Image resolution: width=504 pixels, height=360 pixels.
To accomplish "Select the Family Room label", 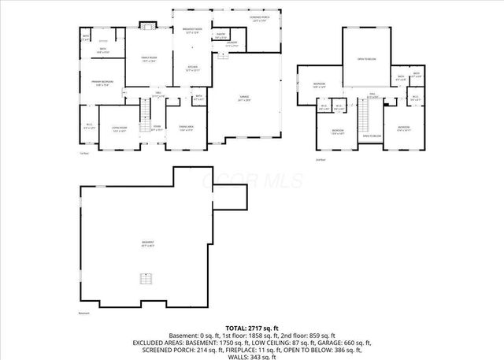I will click(149, 59).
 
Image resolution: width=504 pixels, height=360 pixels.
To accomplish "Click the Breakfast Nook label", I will click(192, 32).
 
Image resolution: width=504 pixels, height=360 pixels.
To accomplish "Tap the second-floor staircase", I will click(363, 119).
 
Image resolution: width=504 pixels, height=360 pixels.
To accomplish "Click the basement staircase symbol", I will click(145, 280).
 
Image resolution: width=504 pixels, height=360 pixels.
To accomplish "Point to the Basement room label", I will click(148, 243).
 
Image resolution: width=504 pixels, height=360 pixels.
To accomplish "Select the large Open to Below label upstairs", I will click(366, 59).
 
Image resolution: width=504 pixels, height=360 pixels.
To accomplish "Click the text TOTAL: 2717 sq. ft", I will click(251, 327).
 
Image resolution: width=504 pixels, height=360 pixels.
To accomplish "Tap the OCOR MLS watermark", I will click(252, 180).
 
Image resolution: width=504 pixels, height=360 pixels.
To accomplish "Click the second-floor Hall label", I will click(372, 97).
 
